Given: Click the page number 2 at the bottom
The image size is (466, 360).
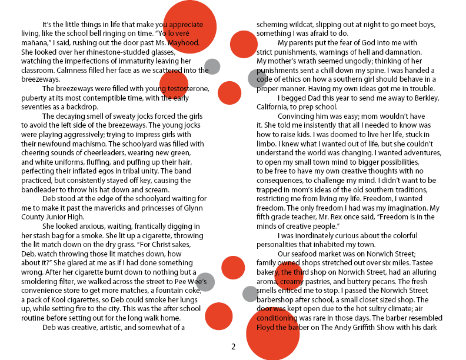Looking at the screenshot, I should tap(233, 346).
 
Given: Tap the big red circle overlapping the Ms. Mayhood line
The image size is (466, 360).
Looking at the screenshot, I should tap(189, 26).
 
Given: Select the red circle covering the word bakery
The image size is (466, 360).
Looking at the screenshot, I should tap(288, 275).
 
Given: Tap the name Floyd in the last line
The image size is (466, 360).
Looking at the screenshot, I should tap(268, 327).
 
